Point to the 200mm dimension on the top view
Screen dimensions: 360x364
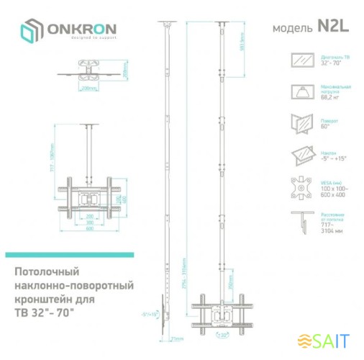90,90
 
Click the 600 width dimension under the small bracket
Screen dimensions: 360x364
91,230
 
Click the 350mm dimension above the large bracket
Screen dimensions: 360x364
229,288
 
